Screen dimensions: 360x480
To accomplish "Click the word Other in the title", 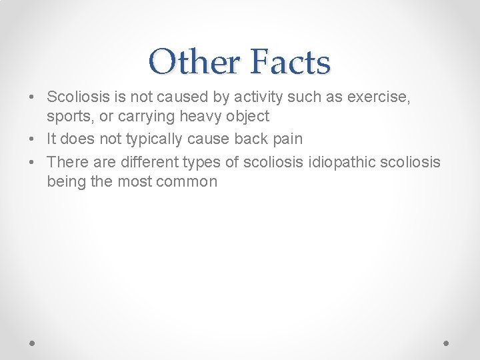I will pos(194,62).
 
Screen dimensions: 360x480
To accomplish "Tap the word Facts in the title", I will pos(291,62).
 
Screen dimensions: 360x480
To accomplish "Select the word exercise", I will pos(379,97).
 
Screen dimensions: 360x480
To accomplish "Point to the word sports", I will pos(69,117).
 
